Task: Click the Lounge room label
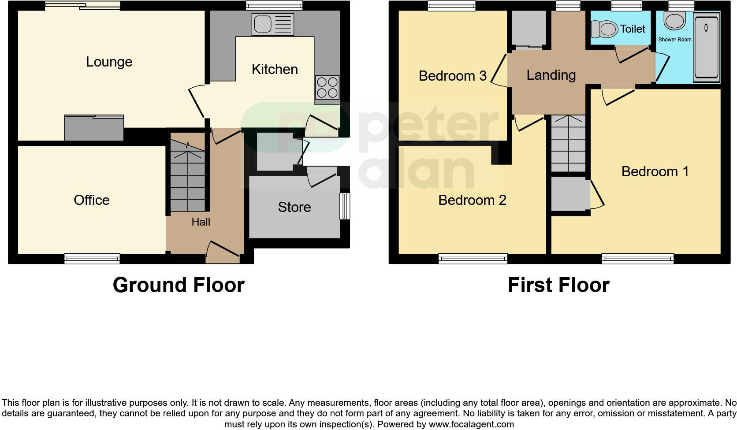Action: (x=109, y=62)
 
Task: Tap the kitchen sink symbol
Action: (x=272, y=24)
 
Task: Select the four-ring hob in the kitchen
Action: (x=327, y=87)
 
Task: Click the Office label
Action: (x=92, y=200)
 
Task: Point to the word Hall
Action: (x=201, y=222)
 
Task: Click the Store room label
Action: (x=294, y=207)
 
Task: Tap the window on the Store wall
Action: (x=344, y=206)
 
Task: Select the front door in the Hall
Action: (x=223, y=253)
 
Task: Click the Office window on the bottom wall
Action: (x=92, y=259)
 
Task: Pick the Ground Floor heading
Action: (x=179, y=285)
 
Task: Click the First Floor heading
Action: (x=558, y=285)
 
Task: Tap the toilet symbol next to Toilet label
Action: (x=604, y=30)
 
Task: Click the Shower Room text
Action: (x=675, y=40)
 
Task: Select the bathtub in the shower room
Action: (x=706, y=48)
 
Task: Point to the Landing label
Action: (x=551, y=75)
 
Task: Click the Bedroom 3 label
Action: (x=453, y=76)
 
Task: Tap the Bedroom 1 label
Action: (x=655, y=171)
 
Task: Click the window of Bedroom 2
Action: (x=473, y=259)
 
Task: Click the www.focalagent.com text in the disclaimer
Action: (x=471, y=425)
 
